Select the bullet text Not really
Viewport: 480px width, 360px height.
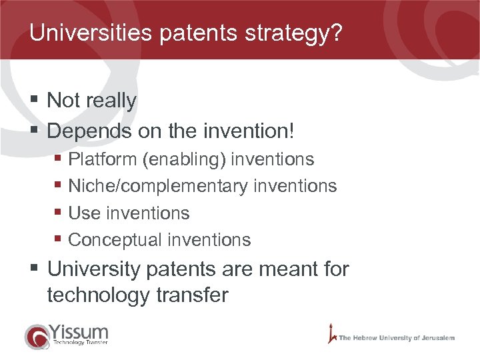click(92, 101)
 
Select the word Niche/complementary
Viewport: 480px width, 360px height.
click(158, 186)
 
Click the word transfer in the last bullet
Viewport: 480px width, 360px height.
click(194, 295)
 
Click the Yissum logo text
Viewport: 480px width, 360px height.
click(78, 332)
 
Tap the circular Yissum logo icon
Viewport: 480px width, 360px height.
click(37, 336)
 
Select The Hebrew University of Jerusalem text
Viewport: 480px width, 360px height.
click(396, 338)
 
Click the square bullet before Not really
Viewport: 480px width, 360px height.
click(34, 101)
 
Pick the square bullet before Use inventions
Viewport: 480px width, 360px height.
click(58, 213)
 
